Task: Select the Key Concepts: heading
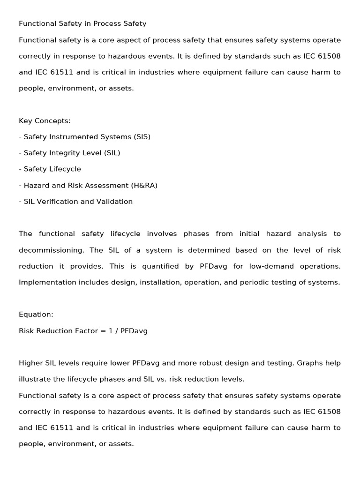coord(45,121)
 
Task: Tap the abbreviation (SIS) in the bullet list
coord(142,137)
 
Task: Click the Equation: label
coord(36,315)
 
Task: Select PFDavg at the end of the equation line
coord(134,331)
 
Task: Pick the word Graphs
coord(309,363)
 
